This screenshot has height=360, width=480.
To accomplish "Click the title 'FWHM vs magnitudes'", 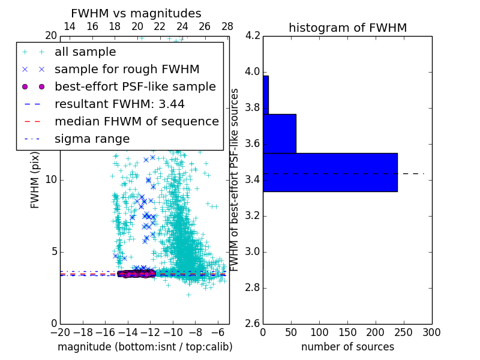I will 136,13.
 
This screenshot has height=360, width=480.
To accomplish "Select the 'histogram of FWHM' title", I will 347,28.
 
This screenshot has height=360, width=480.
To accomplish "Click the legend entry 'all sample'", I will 85,52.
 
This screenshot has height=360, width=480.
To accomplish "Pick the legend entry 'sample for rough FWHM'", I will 127,70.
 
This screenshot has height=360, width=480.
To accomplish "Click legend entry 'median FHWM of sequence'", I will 136,121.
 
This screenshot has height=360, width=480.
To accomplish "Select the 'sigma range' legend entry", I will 92,139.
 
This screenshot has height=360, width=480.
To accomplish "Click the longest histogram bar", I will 330,172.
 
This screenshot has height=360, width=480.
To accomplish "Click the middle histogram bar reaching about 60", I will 280,133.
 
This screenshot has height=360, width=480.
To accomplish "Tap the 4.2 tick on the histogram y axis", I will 253,35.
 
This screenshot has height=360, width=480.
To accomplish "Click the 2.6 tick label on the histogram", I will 253,323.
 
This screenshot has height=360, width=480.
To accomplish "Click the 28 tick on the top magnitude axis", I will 227,27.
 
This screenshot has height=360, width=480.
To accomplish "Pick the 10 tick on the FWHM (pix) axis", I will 51,179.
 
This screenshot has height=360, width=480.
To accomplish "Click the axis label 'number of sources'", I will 347,347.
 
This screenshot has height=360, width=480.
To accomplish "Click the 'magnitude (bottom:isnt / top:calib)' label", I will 145,347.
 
